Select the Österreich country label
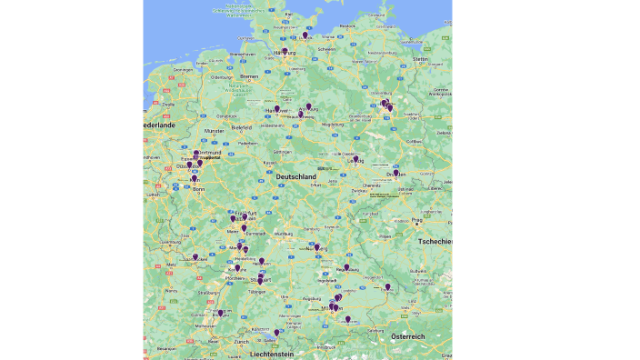click(x=408, y=336)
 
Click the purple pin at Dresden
click(x=395, y=172)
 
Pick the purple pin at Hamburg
click(x=285, y=52)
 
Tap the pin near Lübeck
click(x=305, y=35)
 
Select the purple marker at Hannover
click(x=277, y=109)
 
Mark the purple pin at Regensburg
click(x=346, y=267)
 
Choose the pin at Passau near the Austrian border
click(x=387, y=286)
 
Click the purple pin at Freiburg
click(x=220, y=313)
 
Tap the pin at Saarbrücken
click(x=195, y=257)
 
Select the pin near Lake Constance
click(x=276, y=332)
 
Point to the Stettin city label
click(x=419, y=59)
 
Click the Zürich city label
click(x=241, y=341)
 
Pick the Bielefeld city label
click(x=242, y=128)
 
